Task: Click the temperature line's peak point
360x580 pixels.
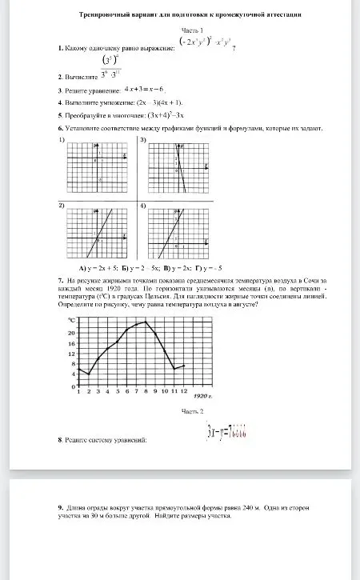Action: click(x=146, y=322)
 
